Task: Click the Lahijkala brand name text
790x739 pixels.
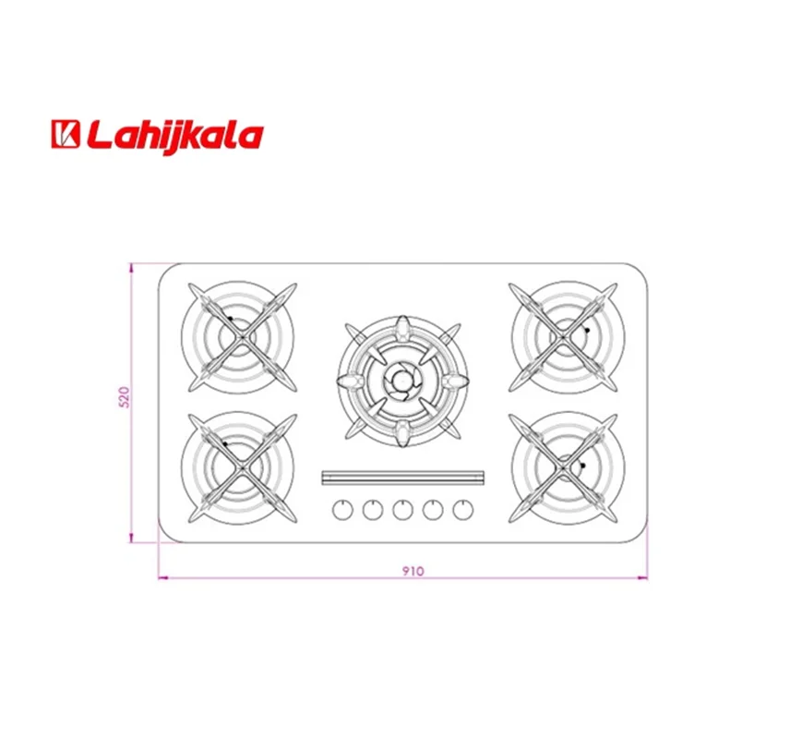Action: (174, 136)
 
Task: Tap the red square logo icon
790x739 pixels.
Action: (66, 134)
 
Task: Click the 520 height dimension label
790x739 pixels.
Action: (124, 397)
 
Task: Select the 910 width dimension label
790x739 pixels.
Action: (413, 571)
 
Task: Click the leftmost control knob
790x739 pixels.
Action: (342, 510)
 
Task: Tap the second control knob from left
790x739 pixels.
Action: (373, 510)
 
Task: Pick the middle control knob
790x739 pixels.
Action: (403, 510)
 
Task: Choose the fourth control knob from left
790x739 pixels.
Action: (433, 510)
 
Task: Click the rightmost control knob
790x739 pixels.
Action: (463, 510)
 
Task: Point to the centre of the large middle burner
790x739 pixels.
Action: (402, 381)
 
